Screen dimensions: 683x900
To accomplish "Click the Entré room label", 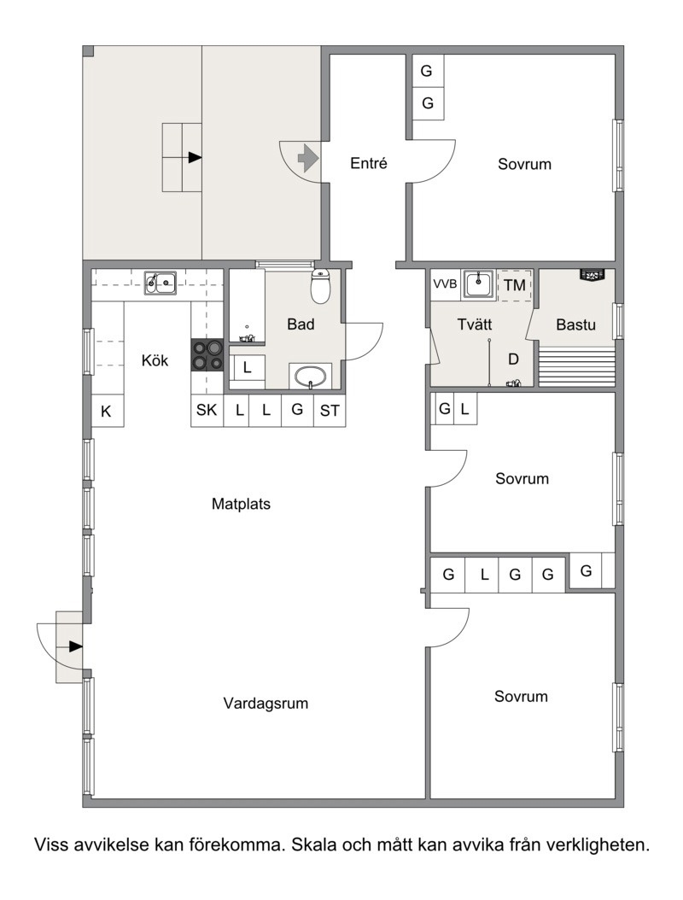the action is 369,164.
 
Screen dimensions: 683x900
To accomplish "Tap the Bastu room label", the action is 575,324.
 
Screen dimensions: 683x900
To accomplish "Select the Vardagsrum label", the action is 266,703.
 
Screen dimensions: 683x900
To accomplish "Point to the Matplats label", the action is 241,504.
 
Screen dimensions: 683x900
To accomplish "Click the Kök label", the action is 155,360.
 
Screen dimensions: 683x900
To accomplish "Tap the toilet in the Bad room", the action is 320,286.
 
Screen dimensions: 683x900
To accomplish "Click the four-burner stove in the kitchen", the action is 207,355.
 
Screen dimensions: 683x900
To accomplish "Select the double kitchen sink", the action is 161,282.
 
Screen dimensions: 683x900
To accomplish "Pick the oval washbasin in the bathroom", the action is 311,377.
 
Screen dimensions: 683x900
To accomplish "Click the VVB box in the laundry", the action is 445,284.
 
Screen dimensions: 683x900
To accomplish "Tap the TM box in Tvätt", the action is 515,284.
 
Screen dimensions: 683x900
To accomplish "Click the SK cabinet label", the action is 207,410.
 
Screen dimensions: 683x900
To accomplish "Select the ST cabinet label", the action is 330,411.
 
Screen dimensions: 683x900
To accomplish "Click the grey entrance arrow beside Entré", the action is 308,157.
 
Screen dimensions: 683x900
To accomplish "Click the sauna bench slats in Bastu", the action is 576,365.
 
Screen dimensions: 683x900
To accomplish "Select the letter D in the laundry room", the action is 514,359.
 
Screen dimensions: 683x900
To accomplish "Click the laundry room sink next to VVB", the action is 479,284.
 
